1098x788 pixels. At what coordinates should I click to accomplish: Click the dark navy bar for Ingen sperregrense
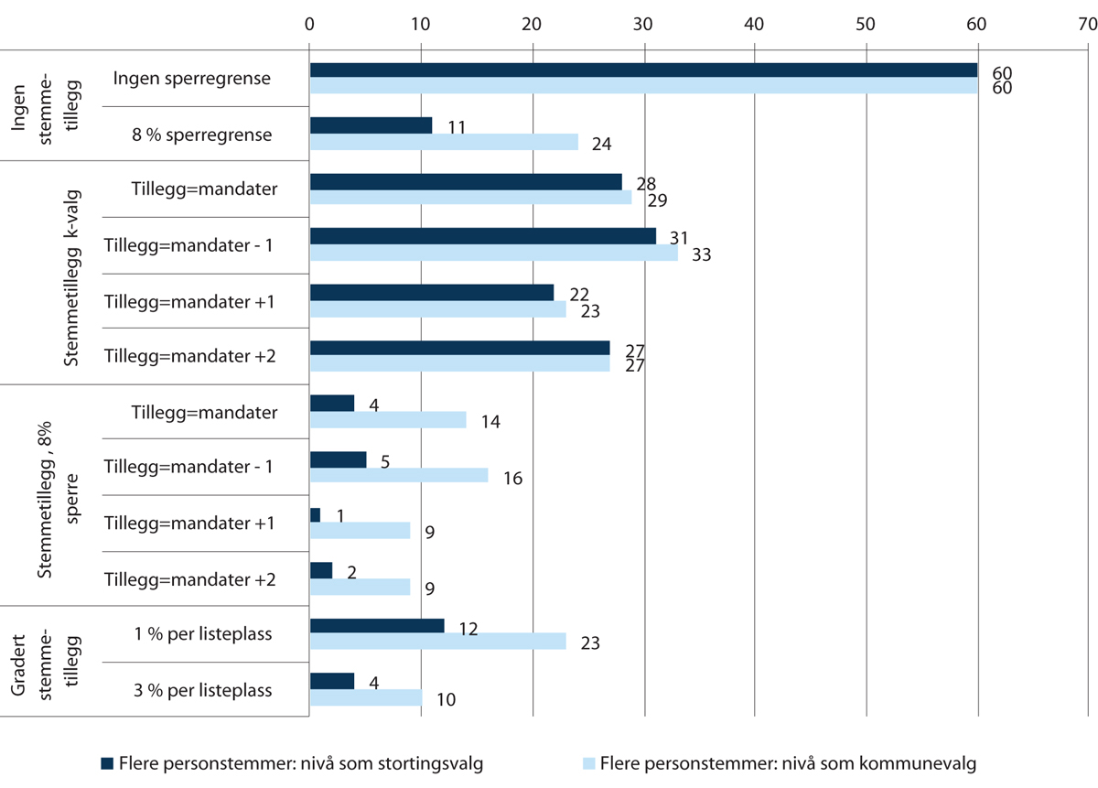tap(643, 70)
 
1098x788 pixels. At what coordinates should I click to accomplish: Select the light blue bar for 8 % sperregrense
tap(444, 142)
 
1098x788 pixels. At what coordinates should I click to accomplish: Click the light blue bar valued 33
tap(494, 254)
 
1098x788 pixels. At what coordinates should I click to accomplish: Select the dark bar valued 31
tap(483, 236)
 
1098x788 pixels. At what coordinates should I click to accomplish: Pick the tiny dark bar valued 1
tap(316, 515)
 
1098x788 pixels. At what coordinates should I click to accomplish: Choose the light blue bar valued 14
tap(388, 420)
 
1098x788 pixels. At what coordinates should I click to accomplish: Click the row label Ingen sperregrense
tap(192, 78)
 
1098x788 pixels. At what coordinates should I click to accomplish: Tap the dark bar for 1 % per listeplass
tap(377, 625)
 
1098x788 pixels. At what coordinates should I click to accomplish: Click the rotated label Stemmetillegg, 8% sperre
tap(59, 494)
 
